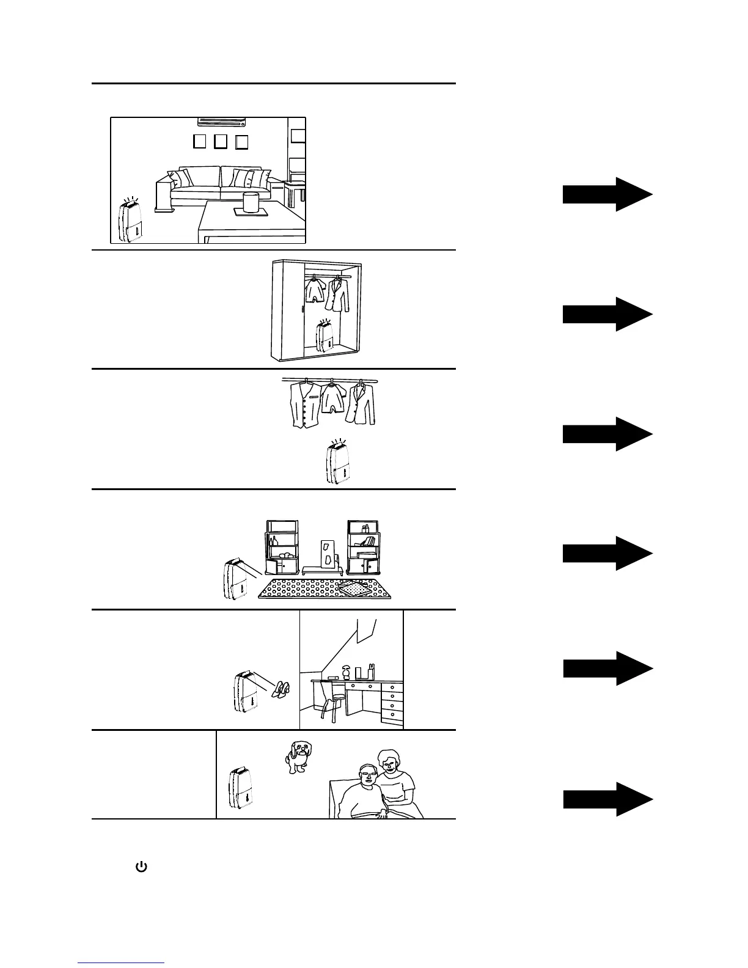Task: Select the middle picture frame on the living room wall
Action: pos(221,142)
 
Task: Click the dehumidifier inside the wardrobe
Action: pos(325,337)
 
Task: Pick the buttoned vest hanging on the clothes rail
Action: pos(305,404)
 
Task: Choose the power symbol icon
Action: pos(141,867)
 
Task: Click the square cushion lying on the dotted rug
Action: pos(354,587)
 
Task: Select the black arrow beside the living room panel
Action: pos(607,194)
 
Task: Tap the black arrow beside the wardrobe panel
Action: pos(607,314)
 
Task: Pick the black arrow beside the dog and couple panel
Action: pos(607,799)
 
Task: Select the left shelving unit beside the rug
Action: pos(282,548)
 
